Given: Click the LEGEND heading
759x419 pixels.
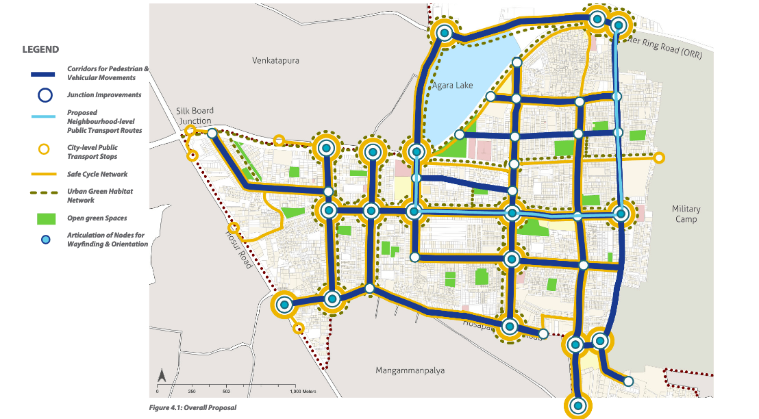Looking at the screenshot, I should pyautogui.click(x=40, y=50).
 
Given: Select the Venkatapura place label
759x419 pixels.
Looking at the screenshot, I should pyautogui.click(x=275, y=60).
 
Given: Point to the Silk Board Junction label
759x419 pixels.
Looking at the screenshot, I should pyautogui.click(x=195, y=116).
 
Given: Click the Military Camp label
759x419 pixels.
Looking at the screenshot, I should pyautogui.click(x=685, y=214).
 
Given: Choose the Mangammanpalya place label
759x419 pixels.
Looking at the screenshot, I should pyautogui.click(x=410, y=370).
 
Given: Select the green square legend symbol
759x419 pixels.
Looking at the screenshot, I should pyautogui.click(x=45, y=219).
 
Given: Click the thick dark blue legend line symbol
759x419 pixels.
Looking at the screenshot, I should pyautogui.click(x=45, y=74).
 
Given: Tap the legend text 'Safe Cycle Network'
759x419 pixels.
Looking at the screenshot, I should pyautogui.click(x=97, y=175).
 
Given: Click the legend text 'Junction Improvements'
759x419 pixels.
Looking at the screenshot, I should pyautogui.click(x=104, y=95).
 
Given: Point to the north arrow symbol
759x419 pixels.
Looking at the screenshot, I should pyautogui.click(x=161, y=375).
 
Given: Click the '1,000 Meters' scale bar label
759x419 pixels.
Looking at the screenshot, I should pyautogui.click(x=304, y=392).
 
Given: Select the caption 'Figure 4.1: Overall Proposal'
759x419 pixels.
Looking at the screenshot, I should pyautogui.click(x=192, y=407).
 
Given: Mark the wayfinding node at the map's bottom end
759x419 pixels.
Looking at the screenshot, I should pyautogui.click(x=578, y=406).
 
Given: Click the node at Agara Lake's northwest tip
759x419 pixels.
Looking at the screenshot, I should pyautogui.click(x=445, y=32).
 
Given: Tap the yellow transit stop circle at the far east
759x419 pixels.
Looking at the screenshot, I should pyautogui.click(x=658, y=158).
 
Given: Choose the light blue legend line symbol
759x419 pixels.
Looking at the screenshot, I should pyautogui.click(x=45, y=117).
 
